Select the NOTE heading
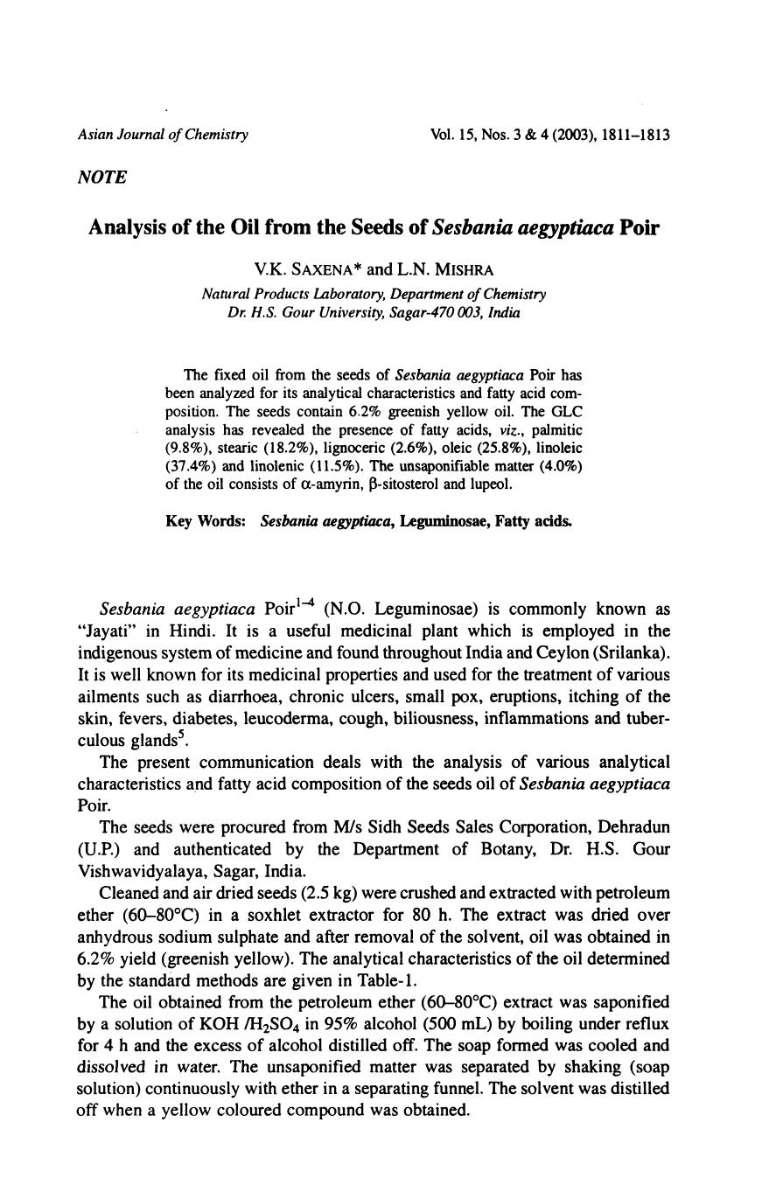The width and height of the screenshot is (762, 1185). point(102,178)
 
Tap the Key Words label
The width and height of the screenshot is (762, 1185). point(206,521)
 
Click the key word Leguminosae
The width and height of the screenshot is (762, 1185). point(441,521)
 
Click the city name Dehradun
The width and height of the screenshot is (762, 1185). point(630,826)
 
